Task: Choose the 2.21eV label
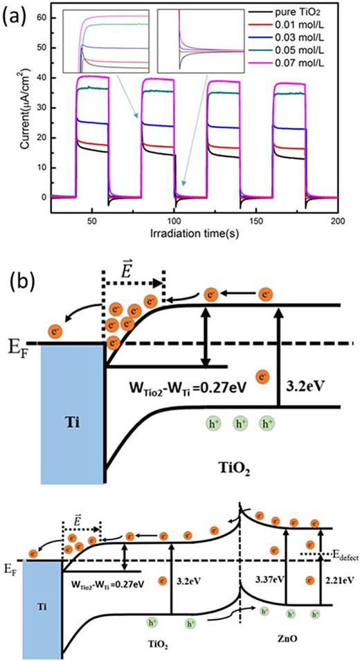(337, 578)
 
